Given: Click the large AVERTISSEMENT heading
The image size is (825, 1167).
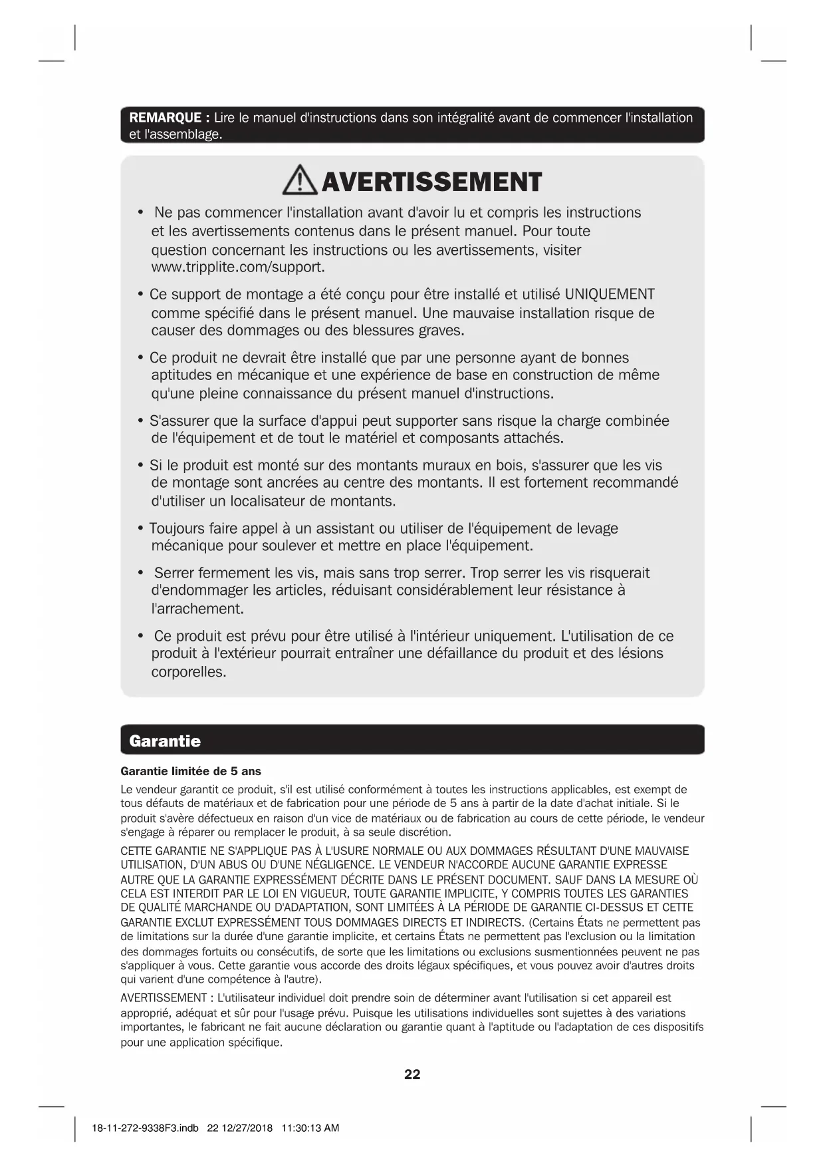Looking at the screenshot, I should [x=431, y=182].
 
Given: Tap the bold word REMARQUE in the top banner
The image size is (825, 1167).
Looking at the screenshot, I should [x=166, y=118].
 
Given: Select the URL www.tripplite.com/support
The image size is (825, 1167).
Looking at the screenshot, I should [x=238, y=267].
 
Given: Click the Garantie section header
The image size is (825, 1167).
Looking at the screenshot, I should [x=165, y=741].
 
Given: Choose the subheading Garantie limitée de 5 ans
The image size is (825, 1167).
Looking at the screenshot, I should [x=191, y=771].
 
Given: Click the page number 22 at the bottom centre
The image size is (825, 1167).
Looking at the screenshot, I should [x=412, y=1075].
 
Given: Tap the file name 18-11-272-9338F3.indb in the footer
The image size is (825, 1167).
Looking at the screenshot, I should [x=145, y=1128].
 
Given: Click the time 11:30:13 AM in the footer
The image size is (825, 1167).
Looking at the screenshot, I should [x=310, y=1128].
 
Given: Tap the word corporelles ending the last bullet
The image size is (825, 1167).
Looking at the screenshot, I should [x=188, y=672].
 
